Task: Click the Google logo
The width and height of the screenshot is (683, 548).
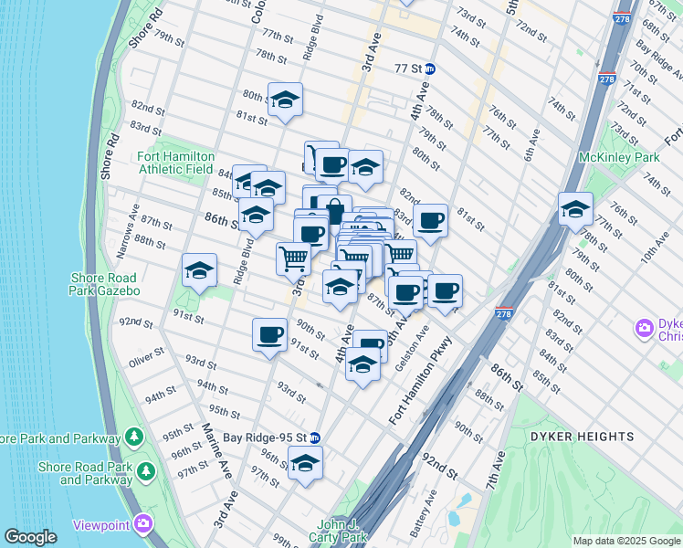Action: [31, 537]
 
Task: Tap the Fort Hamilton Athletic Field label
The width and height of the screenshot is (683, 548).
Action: [175, 162]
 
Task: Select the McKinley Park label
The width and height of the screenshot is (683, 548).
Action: [618, 157]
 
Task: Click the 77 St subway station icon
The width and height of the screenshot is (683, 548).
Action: [430, 68]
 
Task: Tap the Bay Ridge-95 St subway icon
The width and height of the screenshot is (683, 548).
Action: [314, 437]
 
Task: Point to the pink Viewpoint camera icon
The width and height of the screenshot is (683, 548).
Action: [142, 523]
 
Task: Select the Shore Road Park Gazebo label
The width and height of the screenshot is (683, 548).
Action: [103, 284]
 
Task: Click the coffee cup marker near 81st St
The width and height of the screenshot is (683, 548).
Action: [430, 219]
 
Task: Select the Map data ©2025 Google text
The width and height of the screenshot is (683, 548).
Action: [625, 541]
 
